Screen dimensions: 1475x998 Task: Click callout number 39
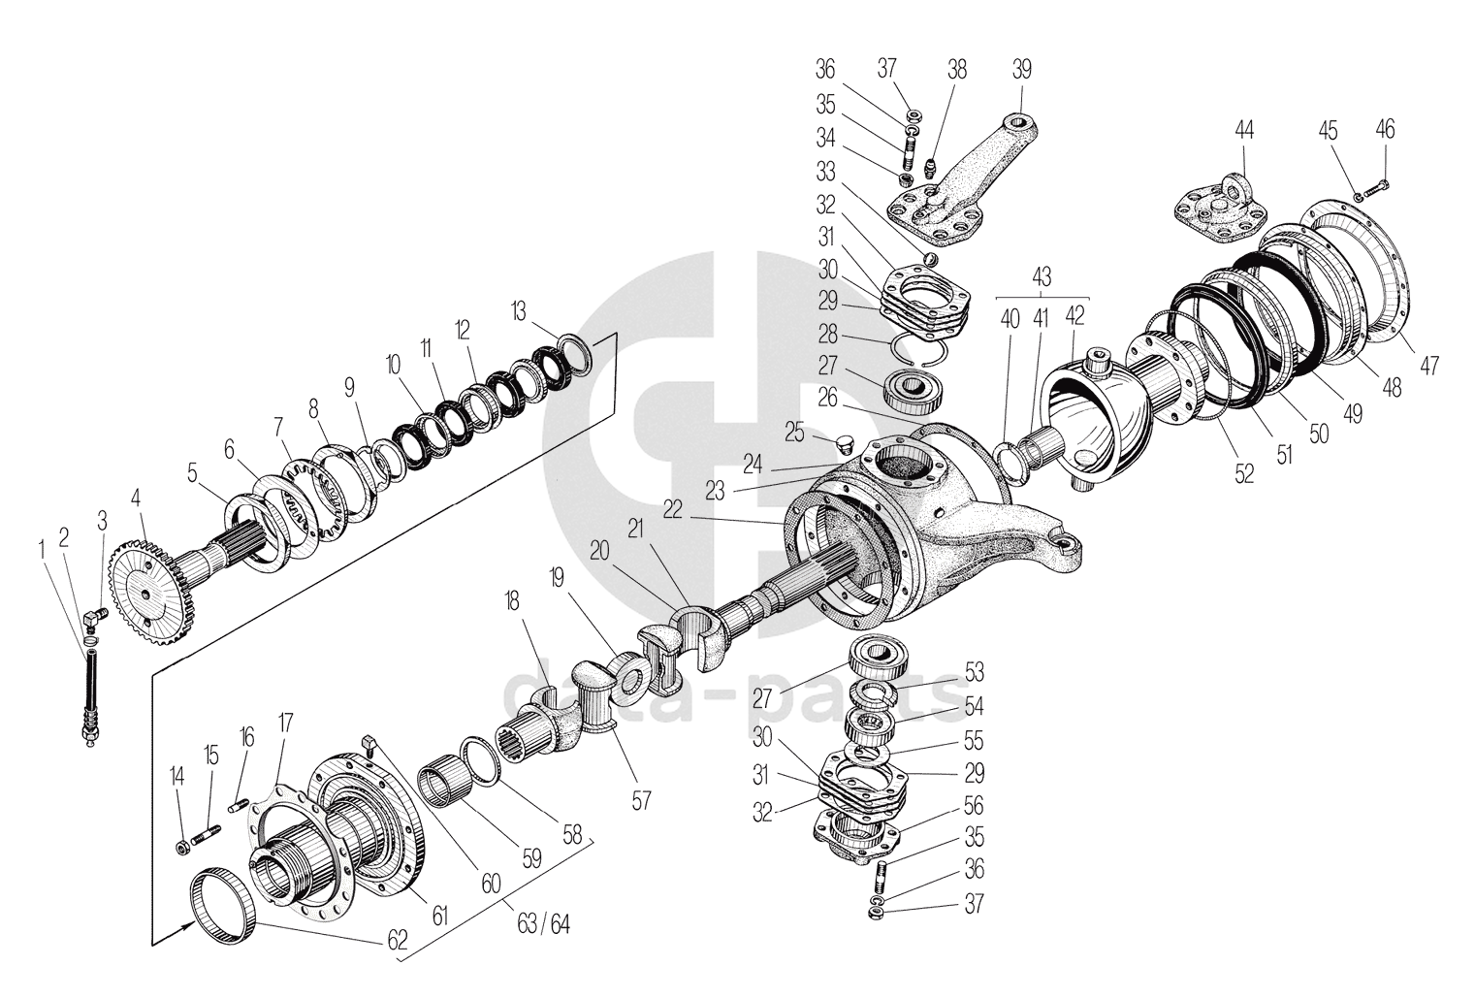click(x=1021, y=69)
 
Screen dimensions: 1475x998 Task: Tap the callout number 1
click(x=43, y=549)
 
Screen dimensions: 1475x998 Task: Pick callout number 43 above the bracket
click(x=1042, y=276)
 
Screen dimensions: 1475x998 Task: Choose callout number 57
click(x=640, y=800)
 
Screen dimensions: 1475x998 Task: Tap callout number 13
click(x=520, y=310)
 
